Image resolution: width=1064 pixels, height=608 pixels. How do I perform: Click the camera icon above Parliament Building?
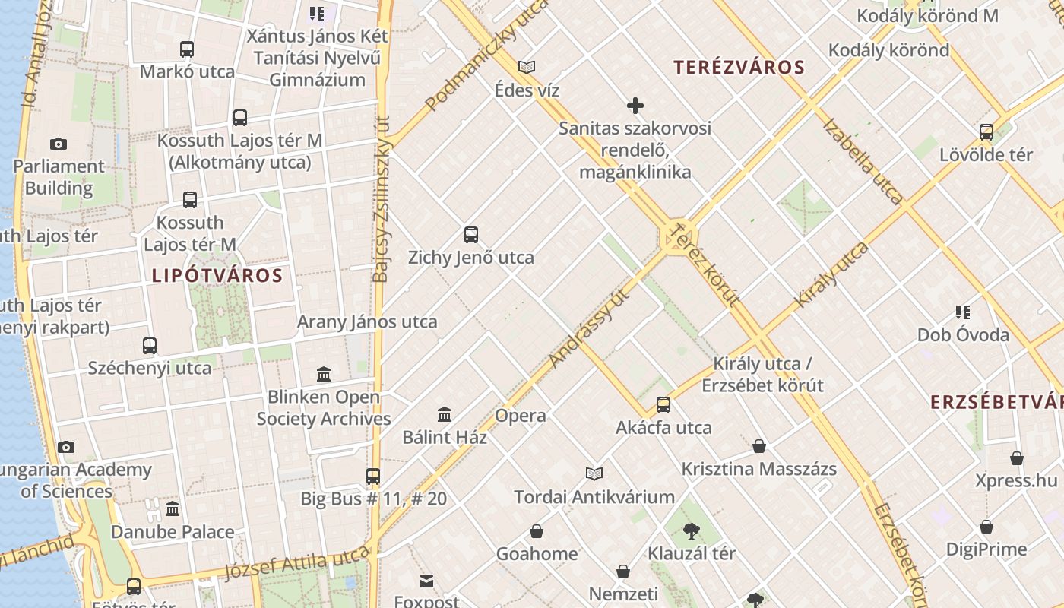(x=58, y=144)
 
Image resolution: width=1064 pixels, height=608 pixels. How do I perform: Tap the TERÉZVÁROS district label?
(x=739, y=67)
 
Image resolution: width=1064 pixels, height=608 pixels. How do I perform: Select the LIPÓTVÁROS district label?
(x=217, y=275)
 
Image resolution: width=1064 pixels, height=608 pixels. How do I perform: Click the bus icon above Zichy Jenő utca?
(x=471, y=235)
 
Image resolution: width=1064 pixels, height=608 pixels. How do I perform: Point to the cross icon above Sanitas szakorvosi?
(x=635, y=106)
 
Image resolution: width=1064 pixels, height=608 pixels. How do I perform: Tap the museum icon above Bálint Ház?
(x=445, y=414)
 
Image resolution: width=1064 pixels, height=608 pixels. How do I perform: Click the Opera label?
(x=521, y=416)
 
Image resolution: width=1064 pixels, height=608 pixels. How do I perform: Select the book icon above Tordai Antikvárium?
(x=594, y=473)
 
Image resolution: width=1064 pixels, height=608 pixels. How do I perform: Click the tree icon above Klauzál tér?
(x=691, y=530)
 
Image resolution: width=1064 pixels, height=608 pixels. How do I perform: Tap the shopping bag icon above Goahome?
(x=537, y=530)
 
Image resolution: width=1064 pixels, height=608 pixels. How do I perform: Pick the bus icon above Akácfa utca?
(x=663, y=404)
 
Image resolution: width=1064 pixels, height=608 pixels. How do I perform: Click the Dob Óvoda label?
(x=963, y=334)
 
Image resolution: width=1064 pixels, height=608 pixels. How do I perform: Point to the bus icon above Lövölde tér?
(x=986, y=132)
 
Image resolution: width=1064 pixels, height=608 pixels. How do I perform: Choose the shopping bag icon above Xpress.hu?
(x=1017, y=458)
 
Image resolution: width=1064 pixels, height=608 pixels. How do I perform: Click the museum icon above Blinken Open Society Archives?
(x=324, y=374)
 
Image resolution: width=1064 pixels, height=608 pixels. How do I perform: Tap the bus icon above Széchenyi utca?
(x=150, y=346)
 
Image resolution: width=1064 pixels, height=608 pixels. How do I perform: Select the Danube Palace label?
(x=173, y=532)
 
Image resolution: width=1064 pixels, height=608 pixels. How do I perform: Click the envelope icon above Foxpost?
(x=426, y=581)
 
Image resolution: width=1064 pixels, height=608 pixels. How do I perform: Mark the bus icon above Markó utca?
(x=187, y=49)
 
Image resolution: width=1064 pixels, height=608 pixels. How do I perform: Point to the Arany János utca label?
(x=367, y=321)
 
